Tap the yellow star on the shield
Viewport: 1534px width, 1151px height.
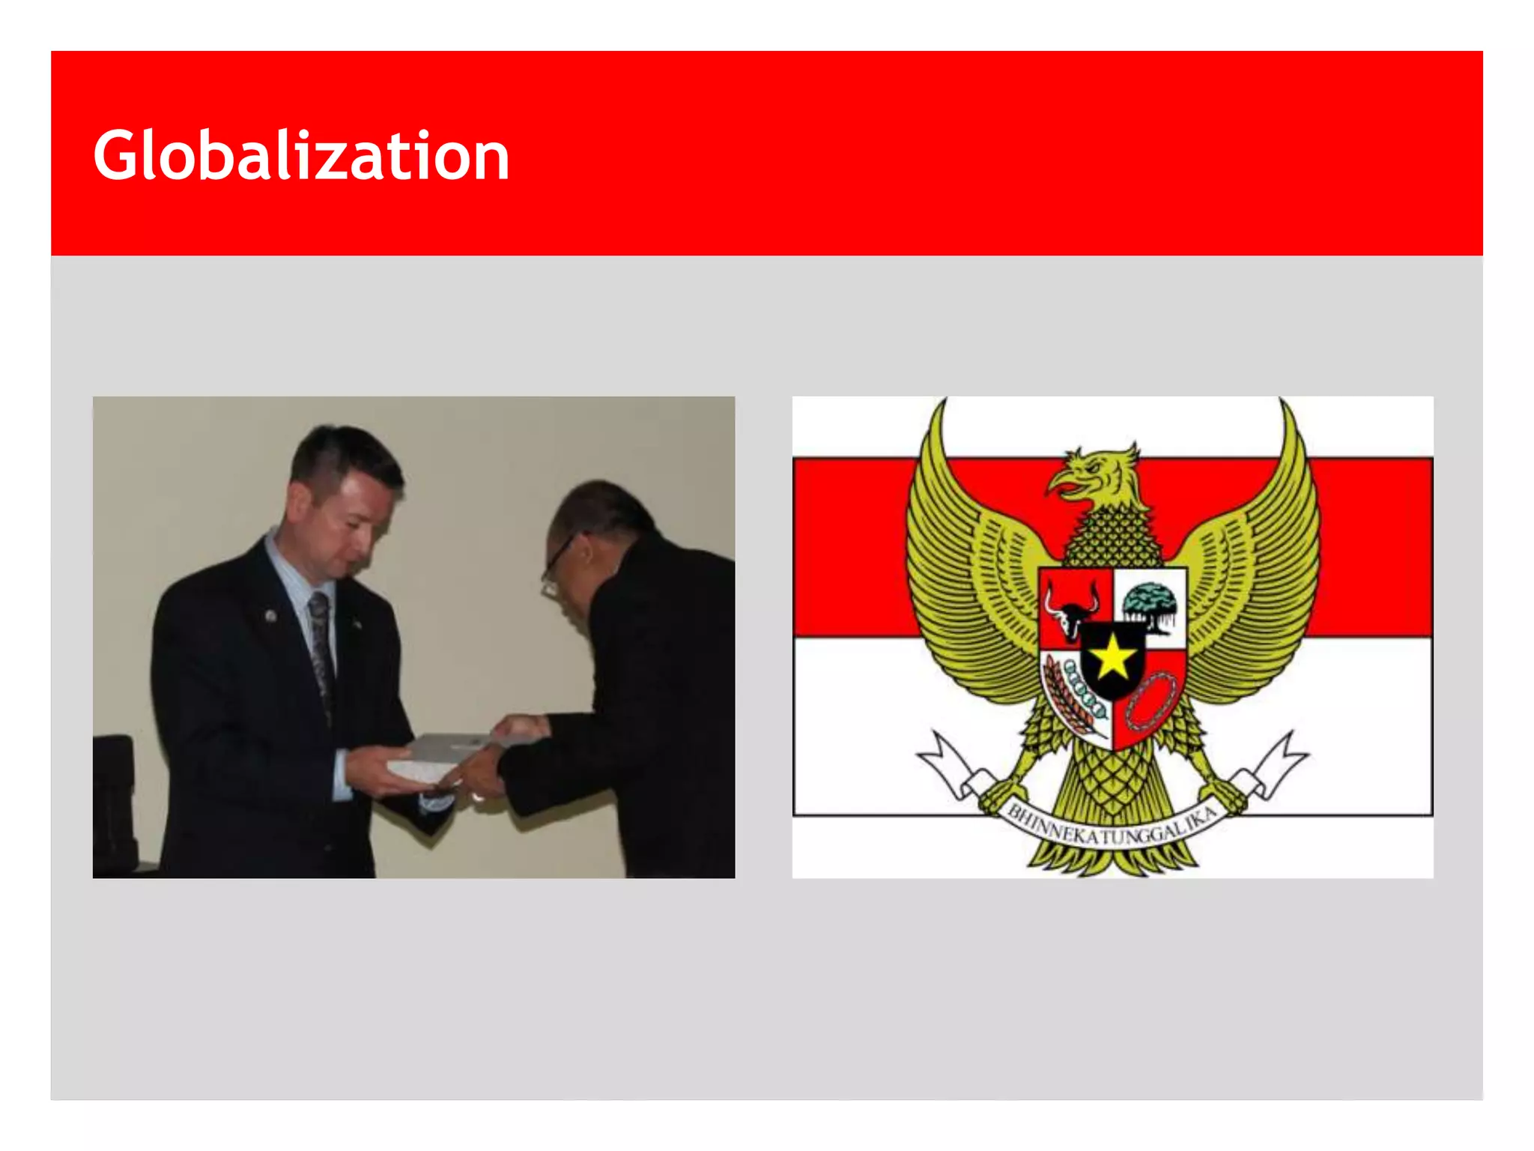click(x=1113, y=656)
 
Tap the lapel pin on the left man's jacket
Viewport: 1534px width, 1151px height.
click(x=270, y=615)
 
